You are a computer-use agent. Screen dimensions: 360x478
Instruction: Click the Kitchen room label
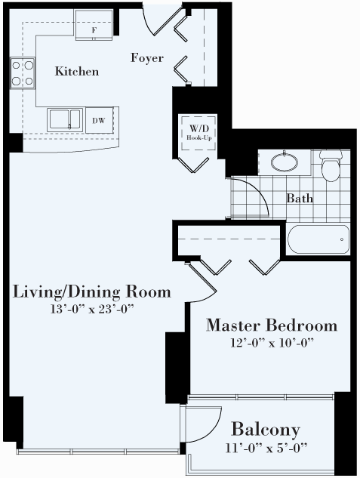point(77,72)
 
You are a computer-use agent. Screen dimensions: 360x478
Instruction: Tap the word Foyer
point(147,58)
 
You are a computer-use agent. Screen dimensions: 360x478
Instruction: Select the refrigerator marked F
point(94,25)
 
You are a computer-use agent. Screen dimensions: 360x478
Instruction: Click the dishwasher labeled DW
point(100,120)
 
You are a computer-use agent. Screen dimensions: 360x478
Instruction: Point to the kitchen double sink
point(65,120)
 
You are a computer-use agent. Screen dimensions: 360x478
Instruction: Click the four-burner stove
point(23,73)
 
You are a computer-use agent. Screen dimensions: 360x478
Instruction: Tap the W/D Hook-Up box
point(199,133)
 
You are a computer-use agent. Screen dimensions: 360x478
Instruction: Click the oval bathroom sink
point(285,162)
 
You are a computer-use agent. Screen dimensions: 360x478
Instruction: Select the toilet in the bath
point(331,165)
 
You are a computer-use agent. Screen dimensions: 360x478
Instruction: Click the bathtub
point(318,239)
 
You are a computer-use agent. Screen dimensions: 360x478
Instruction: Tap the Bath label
point(300,199)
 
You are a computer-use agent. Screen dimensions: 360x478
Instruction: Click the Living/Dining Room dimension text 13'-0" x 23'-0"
point(92,309)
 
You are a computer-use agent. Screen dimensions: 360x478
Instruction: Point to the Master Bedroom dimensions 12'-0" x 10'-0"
point(272,343)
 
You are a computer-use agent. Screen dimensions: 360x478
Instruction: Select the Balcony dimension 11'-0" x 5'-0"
point(266,449)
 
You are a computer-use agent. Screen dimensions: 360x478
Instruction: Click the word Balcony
point(266,430)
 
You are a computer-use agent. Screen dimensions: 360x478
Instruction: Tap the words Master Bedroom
point(272,325)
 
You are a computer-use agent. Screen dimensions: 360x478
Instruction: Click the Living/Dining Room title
point(91,291)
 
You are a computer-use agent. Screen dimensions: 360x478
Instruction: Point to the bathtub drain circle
point(342,239)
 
